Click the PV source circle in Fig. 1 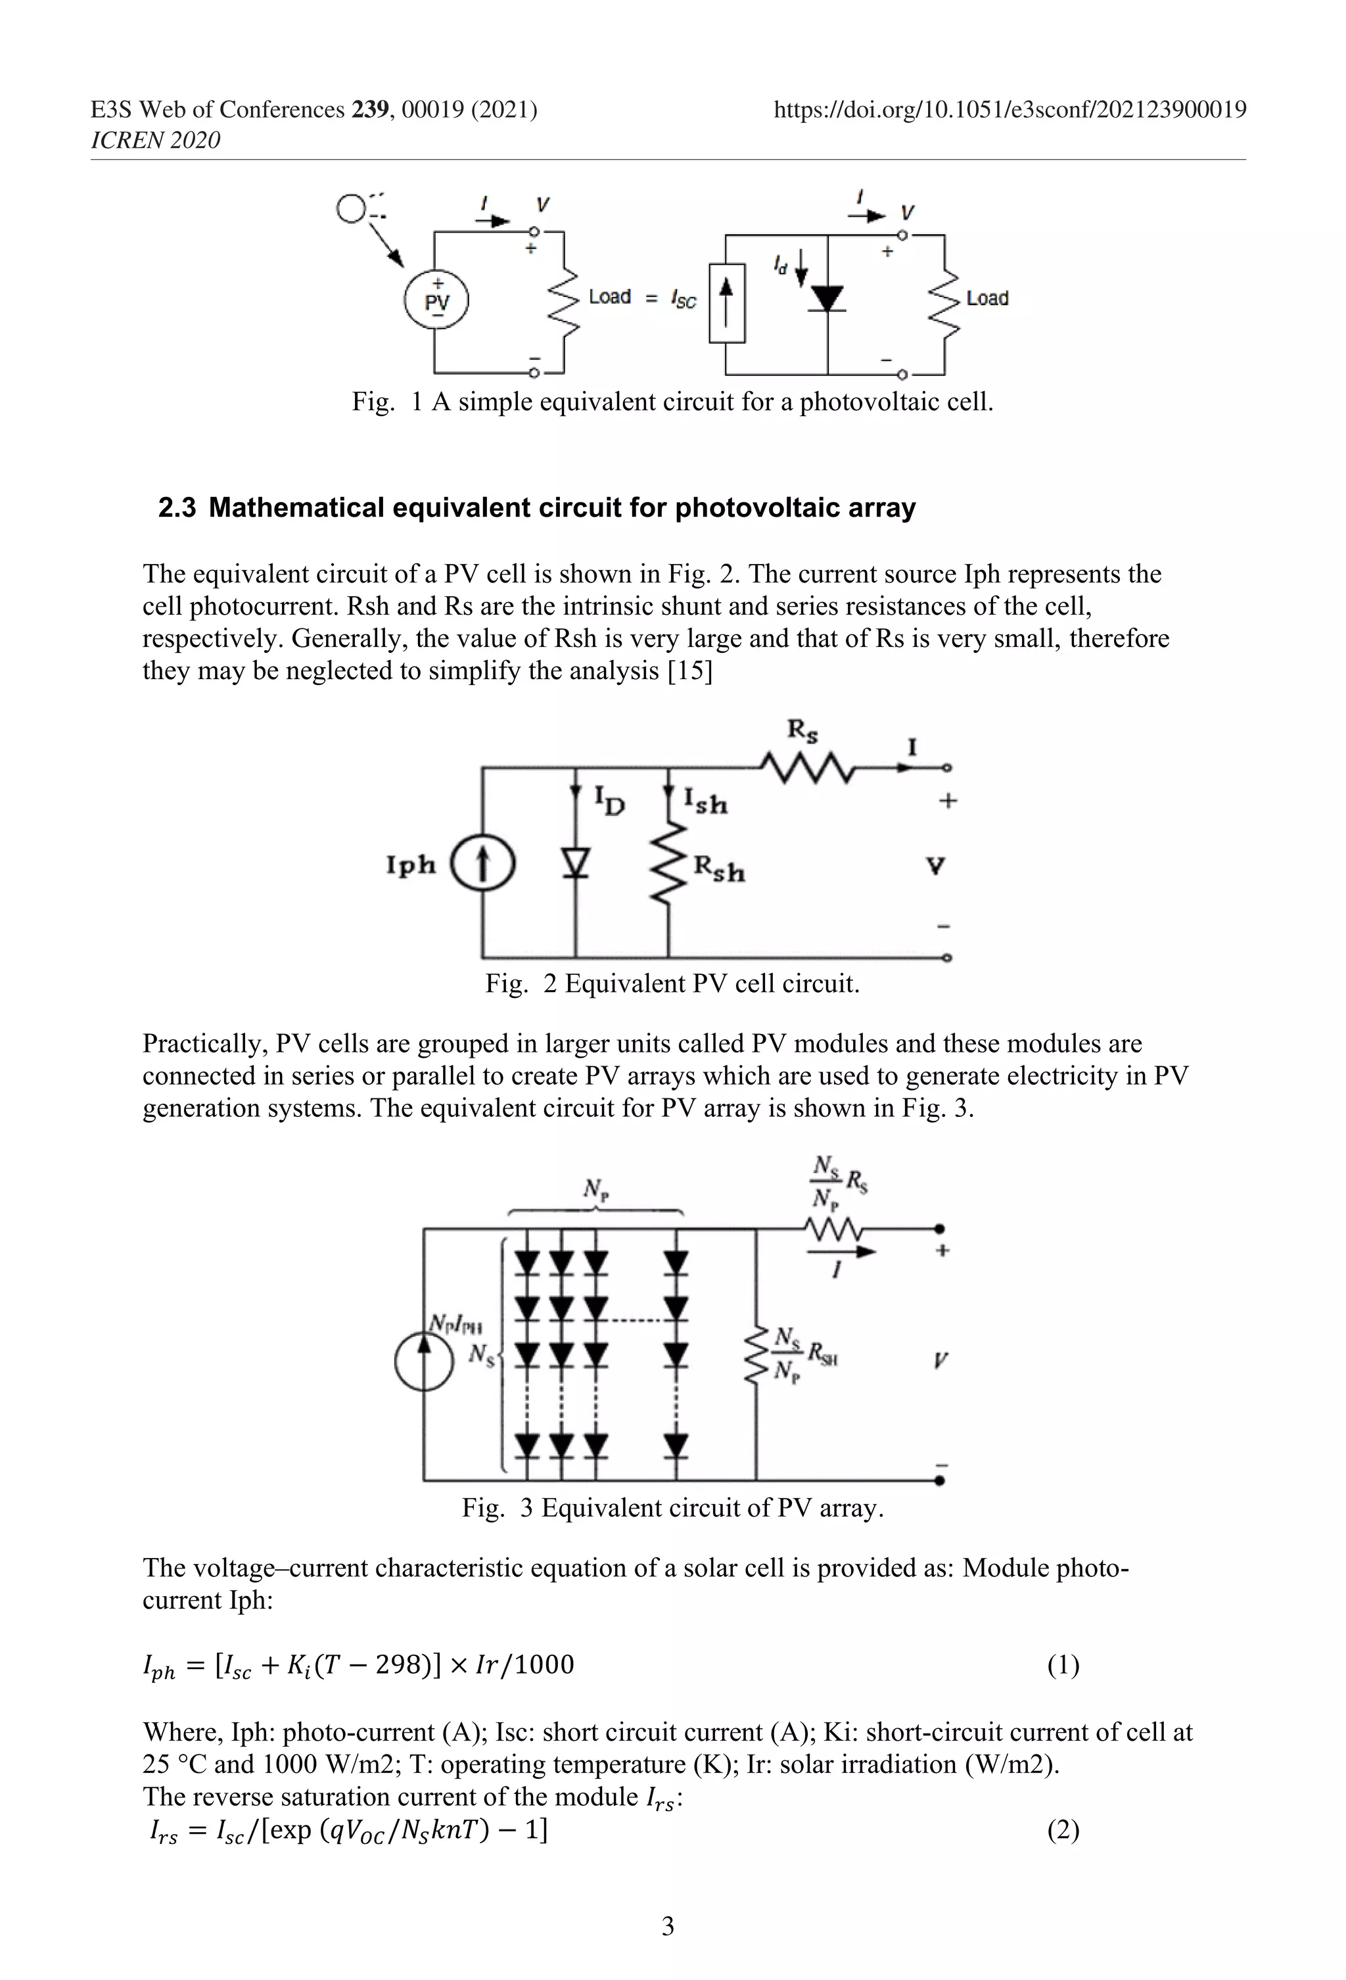(x=436, y=301)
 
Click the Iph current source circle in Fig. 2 (x=482, y=864)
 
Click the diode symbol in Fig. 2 (x=577, y=864)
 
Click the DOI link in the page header (x=1009, y=110)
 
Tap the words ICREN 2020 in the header (x=155, y=141)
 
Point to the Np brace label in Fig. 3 (x=595, y=1189)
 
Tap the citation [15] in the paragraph (x=690, y=671)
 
